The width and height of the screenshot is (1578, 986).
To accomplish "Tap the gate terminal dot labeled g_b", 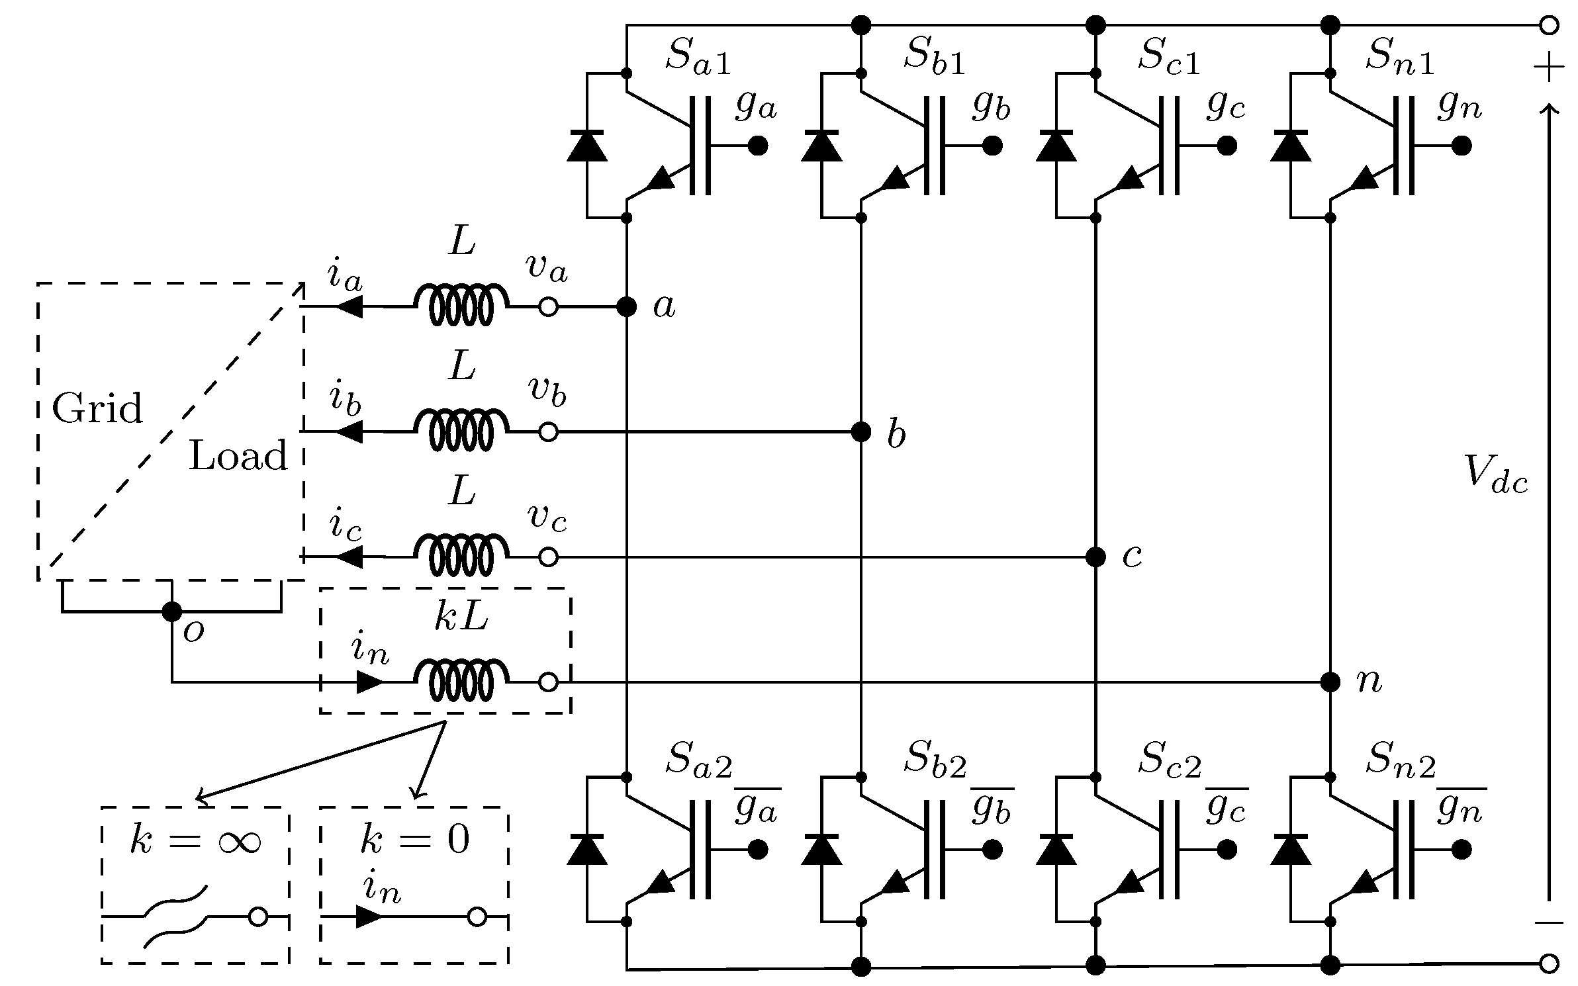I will pyautogui.click(x=992, y=146).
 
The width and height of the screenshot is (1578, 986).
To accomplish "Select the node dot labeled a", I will pyautogui.click(x=626, y=307).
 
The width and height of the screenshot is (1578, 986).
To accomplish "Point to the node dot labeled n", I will pyautogui.click(x=1330, y=682).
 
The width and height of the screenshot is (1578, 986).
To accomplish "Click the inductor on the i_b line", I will pyautogui.click(x=461, y=431).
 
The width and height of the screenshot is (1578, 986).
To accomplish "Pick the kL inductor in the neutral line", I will pyautogui.click(x=461, y=682).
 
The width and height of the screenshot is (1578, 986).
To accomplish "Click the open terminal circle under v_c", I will pyautogui.click(x=548, y=557).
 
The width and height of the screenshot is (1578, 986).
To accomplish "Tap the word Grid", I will pyautogui.click(x=97, y=409).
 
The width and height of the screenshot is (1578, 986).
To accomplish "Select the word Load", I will pyautogui.click(x=238, y=457).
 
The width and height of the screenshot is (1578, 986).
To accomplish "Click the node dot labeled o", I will pyautogui.click(x=172, y=611).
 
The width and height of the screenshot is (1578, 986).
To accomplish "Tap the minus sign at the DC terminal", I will pyautogui.click(x=1549, y=922).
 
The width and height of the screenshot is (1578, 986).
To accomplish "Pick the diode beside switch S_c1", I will pyautogui.click(x=1056, y=146).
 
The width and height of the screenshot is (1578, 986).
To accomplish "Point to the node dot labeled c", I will pyautogui.click(x=1096, y=557).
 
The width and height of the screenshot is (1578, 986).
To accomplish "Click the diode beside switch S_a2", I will pyautogui.click(x=587, y=850).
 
